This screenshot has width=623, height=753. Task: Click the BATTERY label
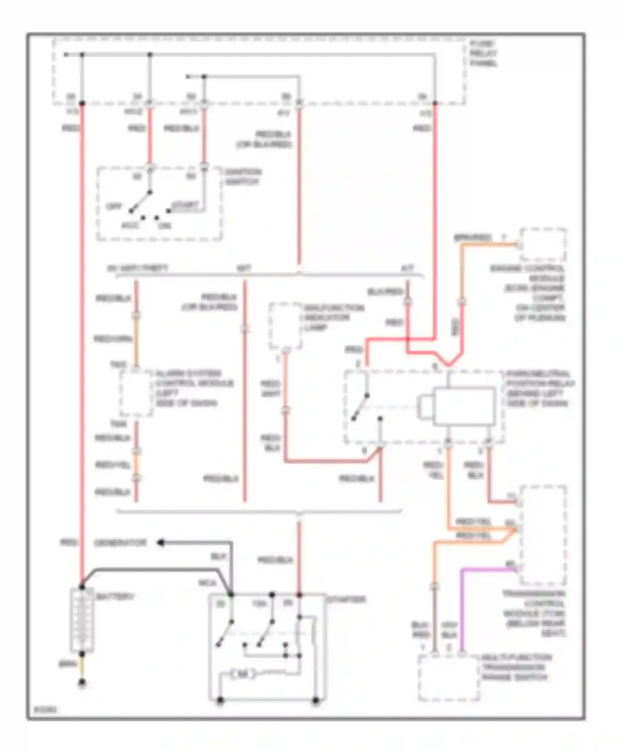[115, 597]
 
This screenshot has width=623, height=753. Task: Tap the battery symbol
[82, 620]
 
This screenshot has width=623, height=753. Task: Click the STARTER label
[346, 599]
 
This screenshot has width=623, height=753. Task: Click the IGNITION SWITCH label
[243, 177]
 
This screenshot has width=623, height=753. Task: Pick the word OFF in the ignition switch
[113, 206]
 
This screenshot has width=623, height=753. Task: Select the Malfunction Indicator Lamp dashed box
[285, 326]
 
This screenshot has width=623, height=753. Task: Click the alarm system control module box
[136, 393]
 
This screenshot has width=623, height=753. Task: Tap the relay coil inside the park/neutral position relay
[464, 406]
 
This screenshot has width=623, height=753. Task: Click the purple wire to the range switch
[462, 602]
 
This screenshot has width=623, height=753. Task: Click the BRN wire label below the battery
[67, 664]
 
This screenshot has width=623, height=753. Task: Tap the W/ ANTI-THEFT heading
[138, 269]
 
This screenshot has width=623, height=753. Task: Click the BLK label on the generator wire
[218, 557]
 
